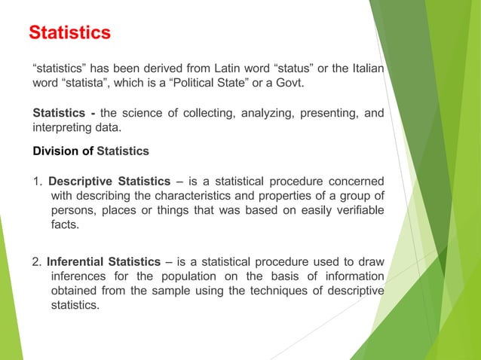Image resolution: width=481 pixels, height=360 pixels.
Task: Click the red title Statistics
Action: point(69,33)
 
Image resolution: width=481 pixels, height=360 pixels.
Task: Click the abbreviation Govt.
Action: point(290,83)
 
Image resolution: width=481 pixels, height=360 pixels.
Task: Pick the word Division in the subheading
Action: point(55,151)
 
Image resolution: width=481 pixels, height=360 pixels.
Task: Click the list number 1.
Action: point(37,181)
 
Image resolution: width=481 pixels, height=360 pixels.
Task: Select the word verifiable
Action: point(357,210)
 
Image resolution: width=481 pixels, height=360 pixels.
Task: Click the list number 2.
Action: point(37,262)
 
